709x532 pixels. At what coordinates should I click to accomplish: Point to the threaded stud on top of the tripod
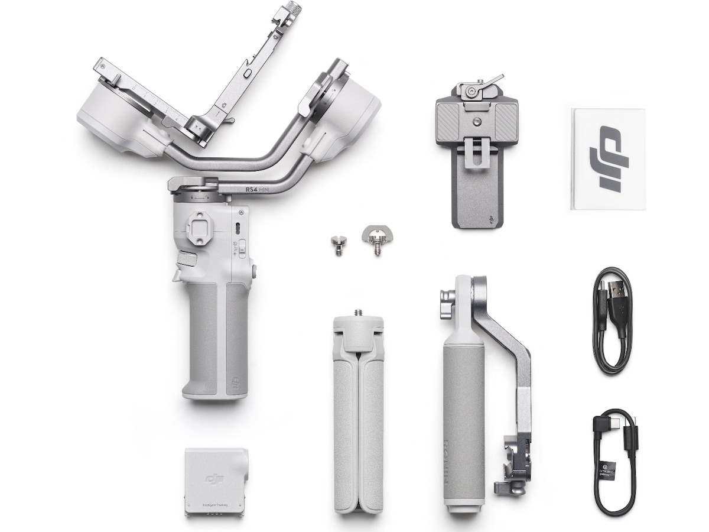click(x=357, y=313)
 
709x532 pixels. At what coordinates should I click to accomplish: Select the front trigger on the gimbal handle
click(x=178, y=275)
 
